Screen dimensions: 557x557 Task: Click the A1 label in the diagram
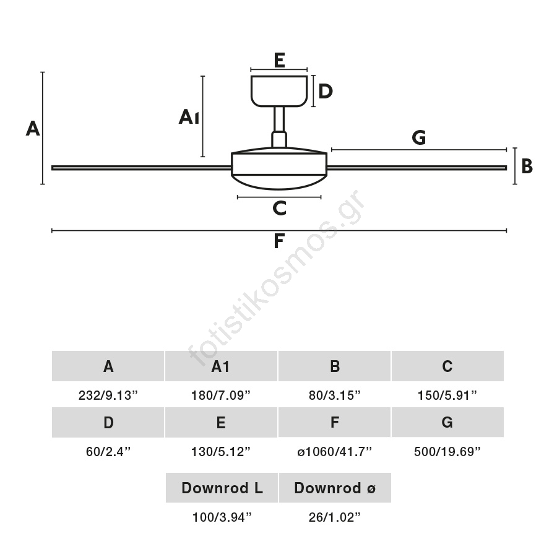coord(189,117)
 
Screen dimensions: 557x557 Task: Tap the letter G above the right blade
coord(419,138)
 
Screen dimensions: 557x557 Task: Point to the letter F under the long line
coord(279,241)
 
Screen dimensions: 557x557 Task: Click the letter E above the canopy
coord(279,60)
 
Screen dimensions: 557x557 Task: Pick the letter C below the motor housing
coord(279,209)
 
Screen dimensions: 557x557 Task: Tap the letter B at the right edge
coord(527,166)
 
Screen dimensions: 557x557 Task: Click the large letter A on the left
coord(33,129)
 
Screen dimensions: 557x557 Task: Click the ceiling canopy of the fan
coord(279,90)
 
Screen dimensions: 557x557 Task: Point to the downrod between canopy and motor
coord(279,120)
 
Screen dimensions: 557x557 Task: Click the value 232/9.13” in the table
coord(108,395)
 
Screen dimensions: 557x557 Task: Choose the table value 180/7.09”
coord(221,395)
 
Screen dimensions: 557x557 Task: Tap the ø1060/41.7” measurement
coord(334,452)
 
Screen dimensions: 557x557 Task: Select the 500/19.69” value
coord(447,452)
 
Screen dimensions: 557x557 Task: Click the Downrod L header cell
coord(222,488)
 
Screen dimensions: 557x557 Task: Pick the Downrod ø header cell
coord(335,488)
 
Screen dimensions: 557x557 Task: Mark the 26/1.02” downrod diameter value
coord(334,517)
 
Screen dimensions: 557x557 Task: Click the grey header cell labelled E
coord(221,423)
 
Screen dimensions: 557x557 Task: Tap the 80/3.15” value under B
coord(334,395)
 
